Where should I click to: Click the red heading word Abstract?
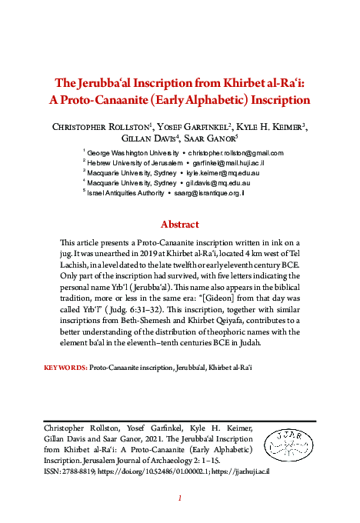179,225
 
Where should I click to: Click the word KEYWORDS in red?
65,368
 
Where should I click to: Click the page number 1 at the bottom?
179,498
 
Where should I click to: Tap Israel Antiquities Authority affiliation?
124,194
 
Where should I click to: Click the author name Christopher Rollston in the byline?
95,127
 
